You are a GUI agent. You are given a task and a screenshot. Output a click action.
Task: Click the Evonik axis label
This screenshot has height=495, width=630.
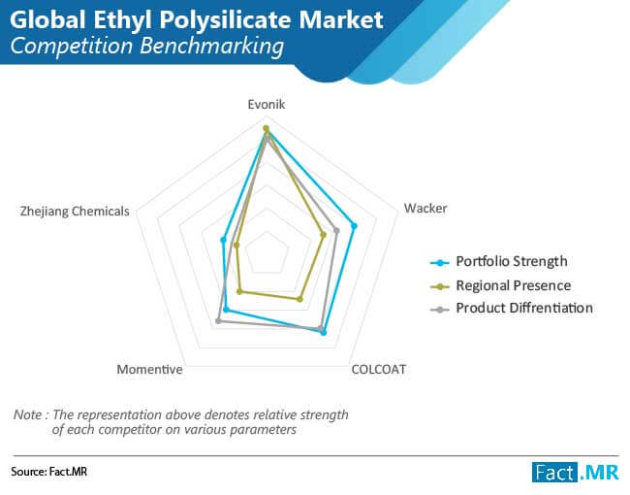(266, 104)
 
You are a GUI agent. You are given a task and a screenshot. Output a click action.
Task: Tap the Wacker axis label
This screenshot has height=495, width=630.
(425, 208)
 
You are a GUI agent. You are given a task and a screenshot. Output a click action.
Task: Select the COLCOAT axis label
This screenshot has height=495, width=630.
(378, 369)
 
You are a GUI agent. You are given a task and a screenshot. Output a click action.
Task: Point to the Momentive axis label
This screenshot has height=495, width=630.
(149, 369)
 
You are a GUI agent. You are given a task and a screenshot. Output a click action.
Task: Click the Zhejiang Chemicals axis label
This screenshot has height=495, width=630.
(75, 211)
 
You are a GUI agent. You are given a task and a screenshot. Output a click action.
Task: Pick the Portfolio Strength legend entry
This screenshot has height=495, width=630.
(498, 262)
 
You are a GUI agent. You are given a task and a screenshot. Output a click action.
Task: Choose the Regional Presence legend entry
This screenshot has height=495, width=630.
(501, 285)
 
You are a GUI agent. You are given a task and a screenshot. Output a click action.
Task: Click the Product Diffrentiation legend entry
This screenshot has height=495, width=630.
(512, 309)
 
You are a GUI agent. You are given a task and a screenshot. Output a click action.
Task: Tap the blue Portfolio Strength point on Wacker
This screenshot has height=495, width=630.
(354, 226)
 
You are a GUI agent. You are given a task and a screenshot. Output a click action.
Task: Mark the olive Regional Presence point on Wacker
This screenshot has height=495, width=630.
(323, 234)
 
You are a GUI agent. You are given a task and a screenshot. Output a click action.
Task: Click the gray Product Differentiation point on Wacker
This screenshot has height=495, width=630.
(336, 231)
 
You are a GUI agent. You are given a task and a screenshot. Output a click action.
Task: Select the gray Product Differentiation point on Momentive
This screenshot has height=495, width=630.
(218, 320)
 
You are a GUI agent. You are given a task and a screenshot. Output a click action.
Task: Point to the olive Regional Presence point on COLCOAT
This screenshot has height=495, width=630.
(299, 299)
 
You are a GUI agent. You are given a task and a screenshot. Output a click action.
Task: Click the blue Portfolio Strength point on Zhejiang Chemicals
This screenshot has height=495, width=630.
(223, 240)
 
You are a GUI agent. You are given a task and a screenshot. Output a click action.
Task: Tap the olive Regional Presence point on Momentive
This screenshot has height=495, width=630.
(239, 291)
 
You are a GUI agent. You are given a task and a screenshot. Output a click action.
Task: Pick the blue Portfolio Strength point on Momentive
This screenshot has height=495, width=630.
(226, 310)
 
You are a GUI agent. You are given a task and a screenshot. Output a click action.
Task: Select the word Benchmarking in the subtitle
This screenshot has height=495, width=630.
(212, 46)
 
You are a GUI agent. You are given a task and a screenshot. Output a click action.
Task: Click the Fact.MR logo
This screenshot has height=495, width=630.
(576, 472)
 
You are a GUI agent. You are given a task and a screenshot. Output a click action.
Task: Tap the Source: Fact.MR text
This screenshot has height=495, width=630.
(49, 472)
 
